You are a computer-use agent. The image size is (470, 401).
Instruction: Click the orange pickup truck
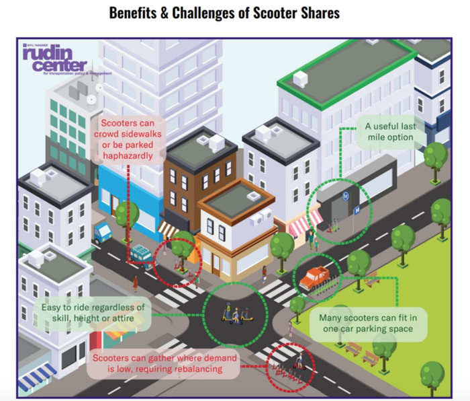pos(314,277)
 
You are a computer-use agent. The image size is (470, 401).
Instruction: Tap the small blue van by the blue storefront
pos(102,233)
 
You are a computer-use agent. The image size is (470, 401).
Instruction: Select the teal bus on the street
pos(142,256)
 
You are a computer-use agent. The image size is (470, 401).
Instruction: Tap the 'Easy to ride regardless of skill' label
pos(93,312)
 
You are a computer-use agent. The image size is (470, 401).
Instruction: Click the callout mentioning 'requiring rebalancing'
pos(165,364)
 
